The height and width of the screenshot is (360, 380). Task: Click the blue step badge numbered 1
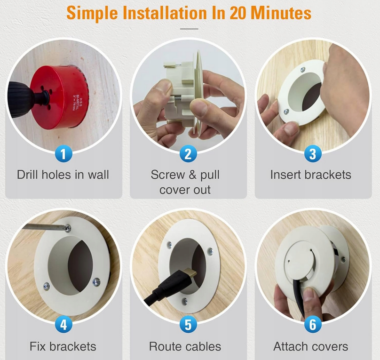pos(63,154)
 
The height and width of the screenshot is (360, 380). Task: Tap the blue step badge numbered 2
pos(188,154)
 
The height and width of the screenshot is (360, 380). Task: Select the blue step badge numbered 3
pos(313,154)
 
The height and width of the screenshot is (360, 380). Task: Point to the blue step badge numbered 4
pos(63,324)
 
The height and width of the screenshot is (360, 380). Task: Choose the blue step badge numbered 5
pos(188,324)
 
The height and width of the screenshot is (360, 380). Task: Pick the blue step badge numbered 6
pos(313,324)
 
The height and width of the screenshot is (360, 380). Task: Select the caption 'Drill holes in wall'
pos(63,175)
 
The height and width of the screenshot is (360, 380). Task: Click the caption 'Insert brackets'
pos(311,175)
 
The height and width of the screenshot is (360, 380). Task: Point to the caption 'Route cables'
pos(185,346)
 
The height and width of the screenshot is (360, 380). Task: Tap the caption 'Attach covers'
pos(311,346)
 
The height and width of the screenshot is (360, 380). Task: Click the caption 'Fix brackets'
pos(63,346)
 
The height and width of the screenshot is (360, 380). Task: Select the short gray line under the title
pos(189,29)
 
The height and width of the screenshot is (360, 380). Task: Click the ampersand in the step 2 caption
pos(192,175)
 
